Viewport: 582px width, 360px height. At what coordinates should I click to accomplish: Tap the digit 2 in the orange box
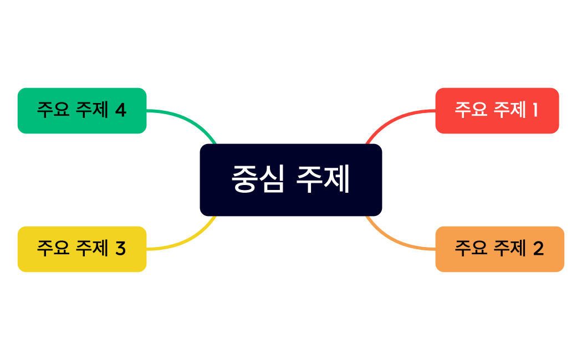click(538, 249)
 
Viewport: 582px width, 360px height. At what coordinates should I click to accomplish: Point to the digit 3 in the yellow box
click(120, 249)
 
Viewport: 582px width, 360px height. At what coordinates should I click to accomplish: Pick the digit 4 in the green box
click(120, 110)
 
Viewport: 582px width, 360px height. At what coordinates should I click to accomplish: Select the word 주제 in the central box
click(323, 179)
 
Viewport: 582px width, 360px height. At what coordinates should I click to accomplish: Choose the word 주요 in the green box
click(53, 110)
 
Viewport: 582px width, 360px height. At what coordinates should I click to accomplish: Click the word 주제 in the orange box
click(509, 248)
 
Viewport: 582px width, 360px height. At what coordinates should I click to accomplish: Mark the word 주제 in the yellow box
click(92, 248)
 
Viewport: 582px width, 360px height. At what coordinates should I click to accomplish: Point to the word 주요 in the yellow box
click(53, 248)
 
